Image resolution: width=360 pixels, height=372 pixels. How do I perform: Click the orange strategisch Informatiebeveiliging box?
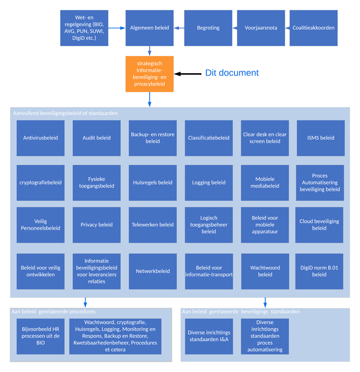point(149,74)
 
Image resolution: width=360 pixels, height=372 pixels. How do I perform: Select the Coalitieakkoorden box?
point(313,28)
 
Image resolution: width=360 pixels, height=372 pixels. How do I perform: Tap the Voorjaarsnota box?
point(261,28)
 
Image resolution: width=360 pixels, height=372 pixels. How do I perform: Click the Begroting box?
point(208,28)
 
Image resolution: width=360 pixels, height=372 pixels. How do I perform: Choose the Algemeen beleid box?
point(149,28)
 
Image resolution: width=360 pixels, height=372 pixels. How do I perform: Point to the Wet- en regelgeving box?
point(84,28)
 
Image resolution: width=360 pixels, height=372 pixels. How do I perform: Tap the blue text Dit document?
point(231,73)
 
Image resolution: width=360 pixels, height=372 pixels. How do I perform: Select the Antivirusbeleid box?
point(41,138)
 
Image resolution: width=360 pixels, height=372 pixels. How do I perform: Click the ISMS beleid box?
point(320,138)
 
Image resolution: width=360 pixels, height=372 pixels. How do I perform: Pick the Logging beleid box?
point(209,183)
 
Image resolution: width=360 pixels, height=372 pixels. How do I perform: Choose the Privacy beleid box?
point(96,225)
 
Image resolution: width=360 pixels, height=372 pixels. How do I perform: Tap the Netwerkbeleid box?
point(153,271)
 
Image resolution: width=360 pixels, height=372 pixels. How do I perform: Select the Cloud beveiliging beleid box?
point(319,225)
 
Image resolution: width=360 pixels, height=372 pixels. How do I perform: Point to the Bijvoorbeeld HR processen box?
point(40,336)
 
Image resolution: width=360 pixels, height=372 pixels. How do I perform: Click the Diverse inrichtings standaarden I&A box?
point(209,336)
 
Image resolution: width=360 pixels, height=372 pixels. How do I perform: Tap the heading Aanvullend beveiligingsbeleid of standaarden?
point(65,113)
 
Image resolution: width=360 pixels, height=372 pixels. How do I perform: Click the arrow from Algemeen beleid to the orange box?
point(149,50)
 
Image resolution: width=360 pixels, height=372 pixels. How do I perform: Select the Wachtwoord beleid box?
point(265,271)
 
